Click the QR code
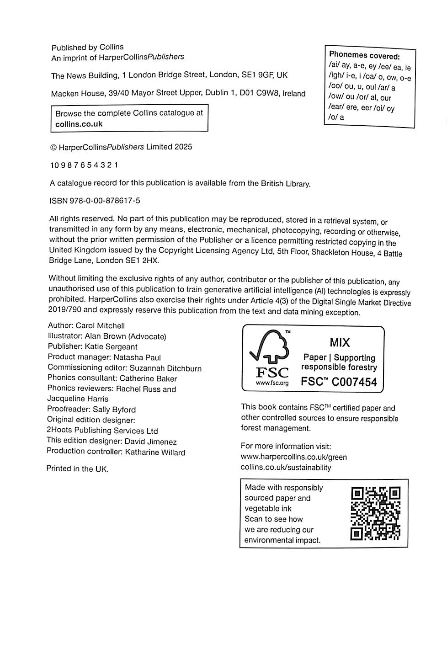(375, 513)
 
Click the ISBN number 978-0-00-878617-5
(105, 201)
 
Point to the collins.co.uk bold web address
(79, 124)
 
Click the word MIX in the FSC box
(340, 342)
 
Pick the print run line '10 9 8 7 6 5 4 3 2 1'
(84, 165)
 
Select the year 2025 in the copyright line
(183, 147)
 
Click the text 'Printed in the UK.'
(77, 469)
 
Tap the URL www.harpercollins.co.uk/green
(293, 457)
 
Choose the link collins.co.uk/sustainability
(286, 468)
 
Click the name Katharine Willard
(155, 452)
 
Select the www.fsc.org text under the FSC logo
(272, 383)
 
